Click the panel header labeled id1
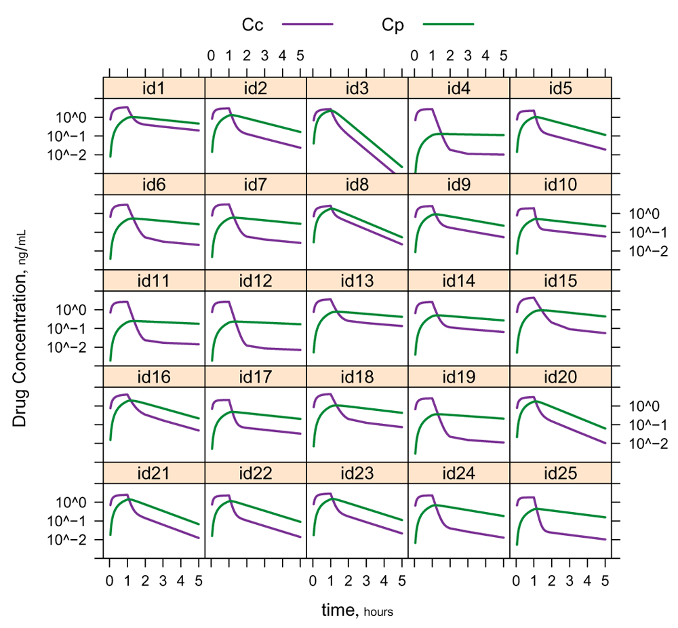coord(154,87)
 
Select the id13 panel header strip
coord(357,280)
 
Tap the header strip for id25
coord(561,473)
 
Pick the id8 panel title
coord(357,184)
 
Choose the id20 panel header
coord(561,376)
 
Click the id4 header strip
coord(459,87)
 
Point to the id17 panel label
coord(256,376)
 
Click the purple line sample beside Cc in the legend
coord(308,24)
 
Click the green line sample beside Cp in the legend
coord(448,24)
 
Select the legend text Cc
coord(253,25)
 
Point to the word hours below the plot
coord(379,612)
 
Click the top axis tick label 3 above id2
coord(264,54)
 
